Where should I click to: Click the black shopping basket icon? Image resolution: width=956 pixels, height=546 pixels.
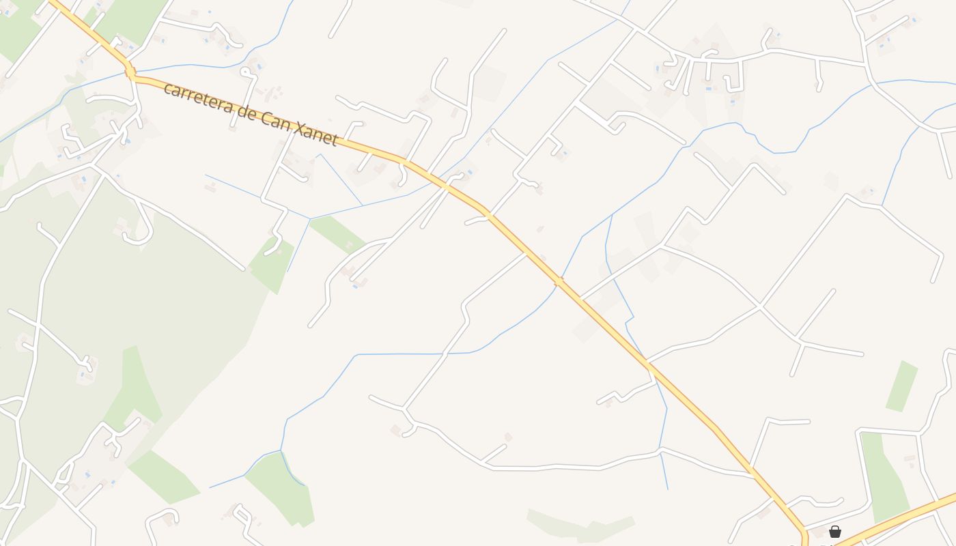coord(834,532)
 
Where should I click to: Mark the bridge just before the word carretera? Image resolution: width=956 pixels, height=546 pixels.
coord(130,71)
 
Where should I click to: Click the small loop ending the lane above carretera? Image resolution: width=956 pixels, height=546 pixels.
coord(245,72)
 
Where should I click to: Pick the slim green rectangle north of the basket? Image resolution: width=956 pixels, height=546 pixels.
coord(902,386)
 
